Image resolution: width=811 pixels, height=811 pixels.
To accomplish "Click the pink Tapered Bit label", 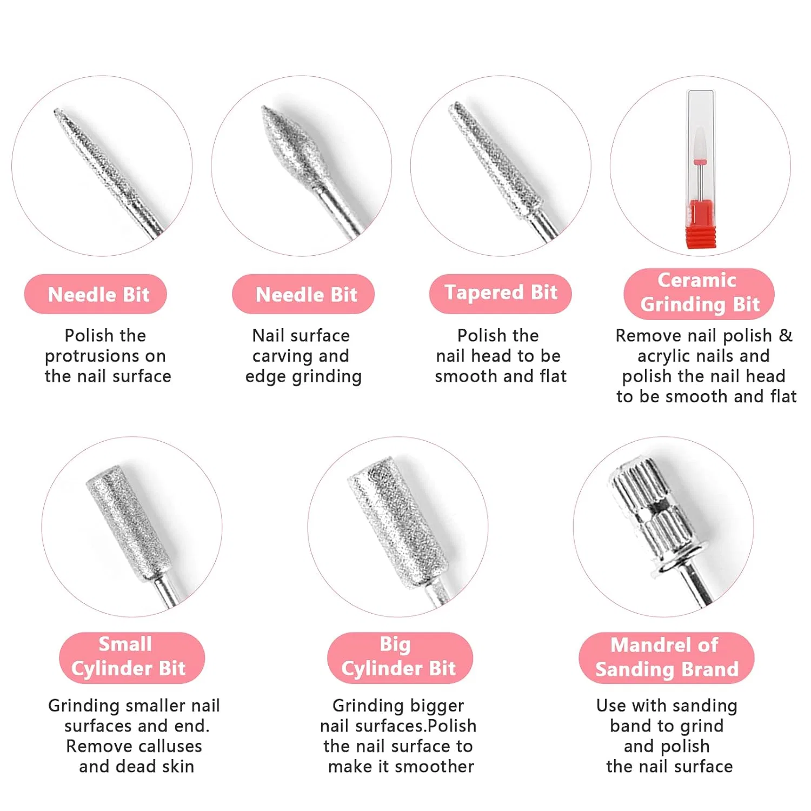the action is click(500, 294).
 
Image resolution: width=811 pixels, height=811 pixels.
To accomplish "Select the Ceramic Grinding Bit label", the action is click(699, 293).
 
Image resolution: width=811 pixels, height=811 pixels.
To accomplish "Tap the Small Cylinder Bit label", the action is click(132, 657).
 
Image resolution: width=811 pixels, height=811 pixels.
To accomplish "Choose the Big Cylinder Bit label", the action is click(400, 657).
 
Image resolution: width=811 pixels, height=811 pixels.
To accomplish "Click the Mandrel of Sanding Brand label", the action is click(667, 657).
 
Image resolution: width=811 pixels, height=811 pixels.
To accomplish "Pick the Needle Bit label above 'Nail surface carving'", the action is click(303, 294).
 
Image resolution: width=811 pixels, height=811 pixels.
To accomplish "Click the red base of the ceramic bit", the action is click(701, 224).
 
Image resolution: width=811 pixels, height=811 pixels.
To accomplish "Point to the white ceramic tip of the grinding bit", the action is click(700, 143).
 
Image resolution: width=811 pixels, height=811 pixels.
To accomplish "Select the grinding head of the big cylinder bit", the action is click(398, 522).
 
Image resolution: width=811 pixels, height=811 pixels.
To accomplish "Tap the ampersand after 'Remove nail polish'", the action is click(786, 335).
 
